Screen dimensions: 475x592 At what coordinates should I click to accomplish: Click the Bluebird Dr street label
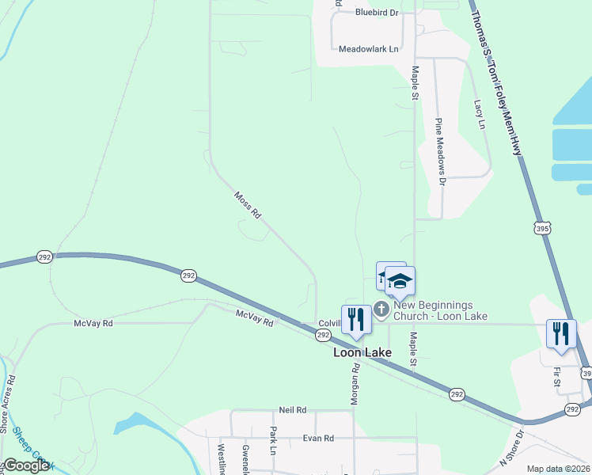[x=376, y=13]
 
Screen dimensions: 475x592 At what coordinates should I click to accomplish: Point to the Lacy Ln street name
[x=478, y=113]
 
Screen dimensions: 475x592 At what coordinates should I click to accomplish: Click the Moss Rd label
[x=247, y=204]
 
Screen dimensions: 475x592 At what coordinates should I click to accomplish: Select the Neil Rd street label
[x=292, y=410]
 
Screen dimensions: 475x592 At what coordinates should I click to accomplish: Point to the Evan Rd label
[x=318, y=438]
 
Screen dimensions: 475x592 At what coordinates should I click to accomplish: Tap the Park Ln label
[x=272, y=441]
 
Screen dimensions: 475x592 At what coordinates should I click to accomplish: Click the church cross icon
[x=381, y=309]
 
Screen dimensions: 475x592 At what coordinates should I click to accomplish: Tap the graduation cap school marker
[x=400, y=283]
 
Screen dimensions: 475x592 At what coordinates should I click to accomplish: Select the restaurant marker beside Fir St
[x=561, y=332]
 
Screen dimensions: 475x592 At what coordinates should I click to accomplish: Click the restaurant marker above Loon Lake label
[x=356, y=319]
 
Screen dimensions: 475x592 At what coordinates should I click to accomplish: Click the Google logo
[x=26, y=465]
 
